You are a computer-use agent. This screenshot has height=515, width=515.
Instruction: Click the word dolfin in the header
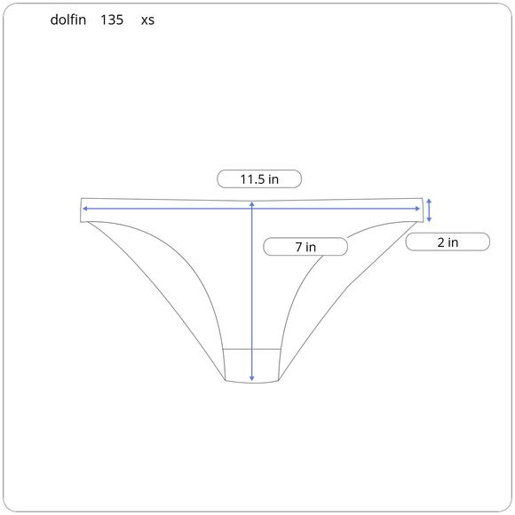pyautogui.click(x=68, y=20)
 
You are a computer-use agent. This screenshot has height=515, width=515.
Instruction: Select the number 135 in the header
pyautogui.click(x=112, y=20)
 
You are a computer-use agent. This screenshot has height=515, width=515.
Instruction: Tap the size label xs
pyautogui.click(x=147, y=20)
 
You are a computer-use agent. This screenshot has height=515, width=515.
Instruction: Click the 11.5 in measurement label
pyautogui.click(x=259, y=179)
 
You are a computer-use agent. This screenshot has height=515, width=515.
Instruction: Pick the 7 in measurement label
pyautogui.click(x=305, y=247)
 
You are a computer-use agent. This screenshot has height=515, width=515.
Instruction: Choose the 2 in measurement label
pyautogui.click(x=448, y=242)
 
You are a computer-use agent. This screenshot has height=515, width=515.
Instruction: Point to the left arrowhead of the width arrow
pyautogui.click(x=84, y=209)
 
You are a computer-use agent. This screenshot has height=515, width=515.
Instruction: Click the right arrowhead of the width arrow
pyautogui.click(x=417, y=209)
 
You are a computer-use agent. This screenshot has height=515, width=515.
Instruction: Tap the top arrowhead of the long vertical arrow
pyautogui.click(x=252, y=204)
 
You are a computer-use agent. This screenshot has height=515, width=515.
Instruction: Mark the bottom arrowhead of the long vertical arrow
pyautogui.click(x=252, y=378)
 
